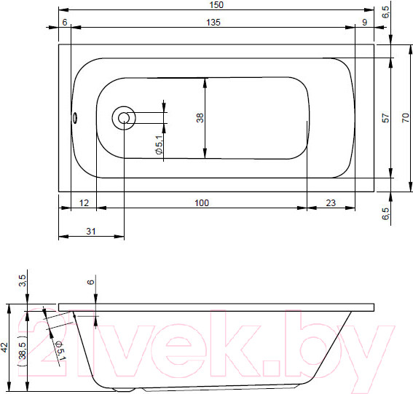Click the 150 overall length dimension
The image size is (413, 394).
click(216, 5)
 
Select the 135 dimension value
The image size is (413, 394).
click(212, 23)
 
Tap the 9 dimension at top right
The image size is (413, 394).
click(364, 23)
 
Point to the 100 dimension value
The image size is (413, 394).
click(201, 202)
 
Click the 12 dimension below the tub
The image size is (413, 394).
click(84, 202)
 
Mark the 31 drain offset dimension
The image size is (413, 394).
click(90, 232)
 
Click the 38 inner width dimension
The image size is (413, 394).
click(200, 117)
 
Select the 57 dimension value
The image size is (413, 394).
click(386, 117)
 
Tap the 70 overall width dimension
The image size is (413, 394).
click(406, 117)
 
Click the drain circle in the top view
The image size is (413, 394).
click(123, 117)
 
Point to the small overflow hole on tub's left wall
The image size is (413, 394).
click(74, 117)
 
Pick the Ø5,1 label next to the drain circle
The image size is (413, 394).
click(159, 148)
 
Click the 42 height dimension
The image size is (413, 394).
click(5, 348)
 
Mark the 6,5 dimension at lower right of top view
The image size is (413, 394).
click(386, 214)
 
